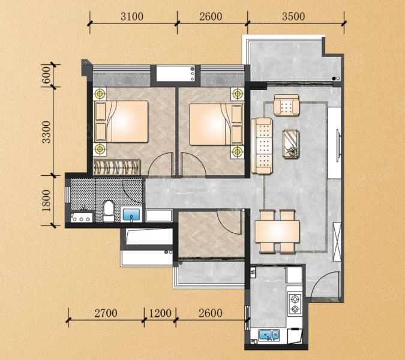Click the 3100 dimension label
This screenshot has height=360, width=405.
(132, 17)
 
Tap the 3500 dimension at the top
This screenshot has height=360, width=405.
(293, 17)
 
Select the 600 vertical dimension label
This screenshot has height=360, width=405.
(46, 75)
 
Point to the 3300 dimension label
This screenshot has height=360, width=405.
(46, 132)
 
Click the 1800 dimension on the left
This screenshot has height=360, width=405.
(46, 200)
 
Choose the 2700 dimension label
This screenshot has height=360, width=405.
(106, 313)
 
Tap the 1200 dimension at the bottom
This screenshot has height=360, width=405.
(160, 313)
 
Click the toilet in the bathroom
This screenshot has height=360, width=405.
(109, 211)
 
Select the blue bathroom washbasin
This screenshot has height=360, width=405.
(131, 214)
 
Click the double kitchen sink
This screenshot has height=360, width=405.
(269, 335)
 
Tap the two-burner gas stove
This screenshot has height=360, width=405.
(295, 304)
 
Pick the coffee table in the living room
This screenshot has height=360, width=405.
(291, 144)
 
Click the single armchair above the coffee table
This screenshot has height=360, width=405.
(287, 105)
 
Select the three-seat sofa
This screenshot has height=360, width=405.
(262, 146)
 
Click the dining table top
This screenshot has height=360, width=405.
(277, 232)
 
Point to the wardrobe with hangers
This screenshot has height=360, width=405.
(116, 167)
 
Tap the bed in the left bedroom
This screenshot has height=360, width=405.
(121, 121)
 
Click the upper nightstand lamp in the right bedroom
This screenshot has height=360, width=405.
(238, 94)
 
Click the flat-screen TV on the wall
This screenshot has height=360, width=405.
(338, 146)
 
